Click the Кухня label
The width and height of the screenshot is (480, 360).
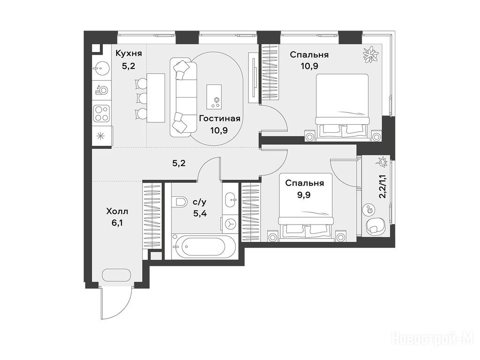click(x=128, y=53)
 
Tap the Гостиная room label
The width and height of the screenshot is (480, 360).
click(x=219, y=119)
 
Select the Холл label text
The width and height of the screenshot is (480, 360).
click(x=117, y=211)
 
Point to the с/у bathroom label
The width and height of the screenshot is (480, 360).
click(x=200, y=202)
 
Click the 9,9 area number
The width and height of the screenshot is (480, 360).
click(x=304, y=195)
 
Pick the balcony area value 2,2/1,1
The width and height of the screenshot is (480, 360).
click(x=382, y=187)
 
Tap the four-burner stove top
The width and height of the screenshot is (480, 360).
click(x=102, y=113)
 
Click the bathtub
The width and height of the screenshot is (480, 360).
click(x=203, y=247)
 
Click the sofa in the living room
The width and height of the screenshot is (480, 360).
click(x=183, y=97)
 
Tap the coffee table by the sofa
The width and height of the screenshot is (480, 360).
click(x=214, y=97)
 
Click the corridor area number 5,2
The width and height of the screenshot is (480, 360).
click(x=179, y=164)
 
